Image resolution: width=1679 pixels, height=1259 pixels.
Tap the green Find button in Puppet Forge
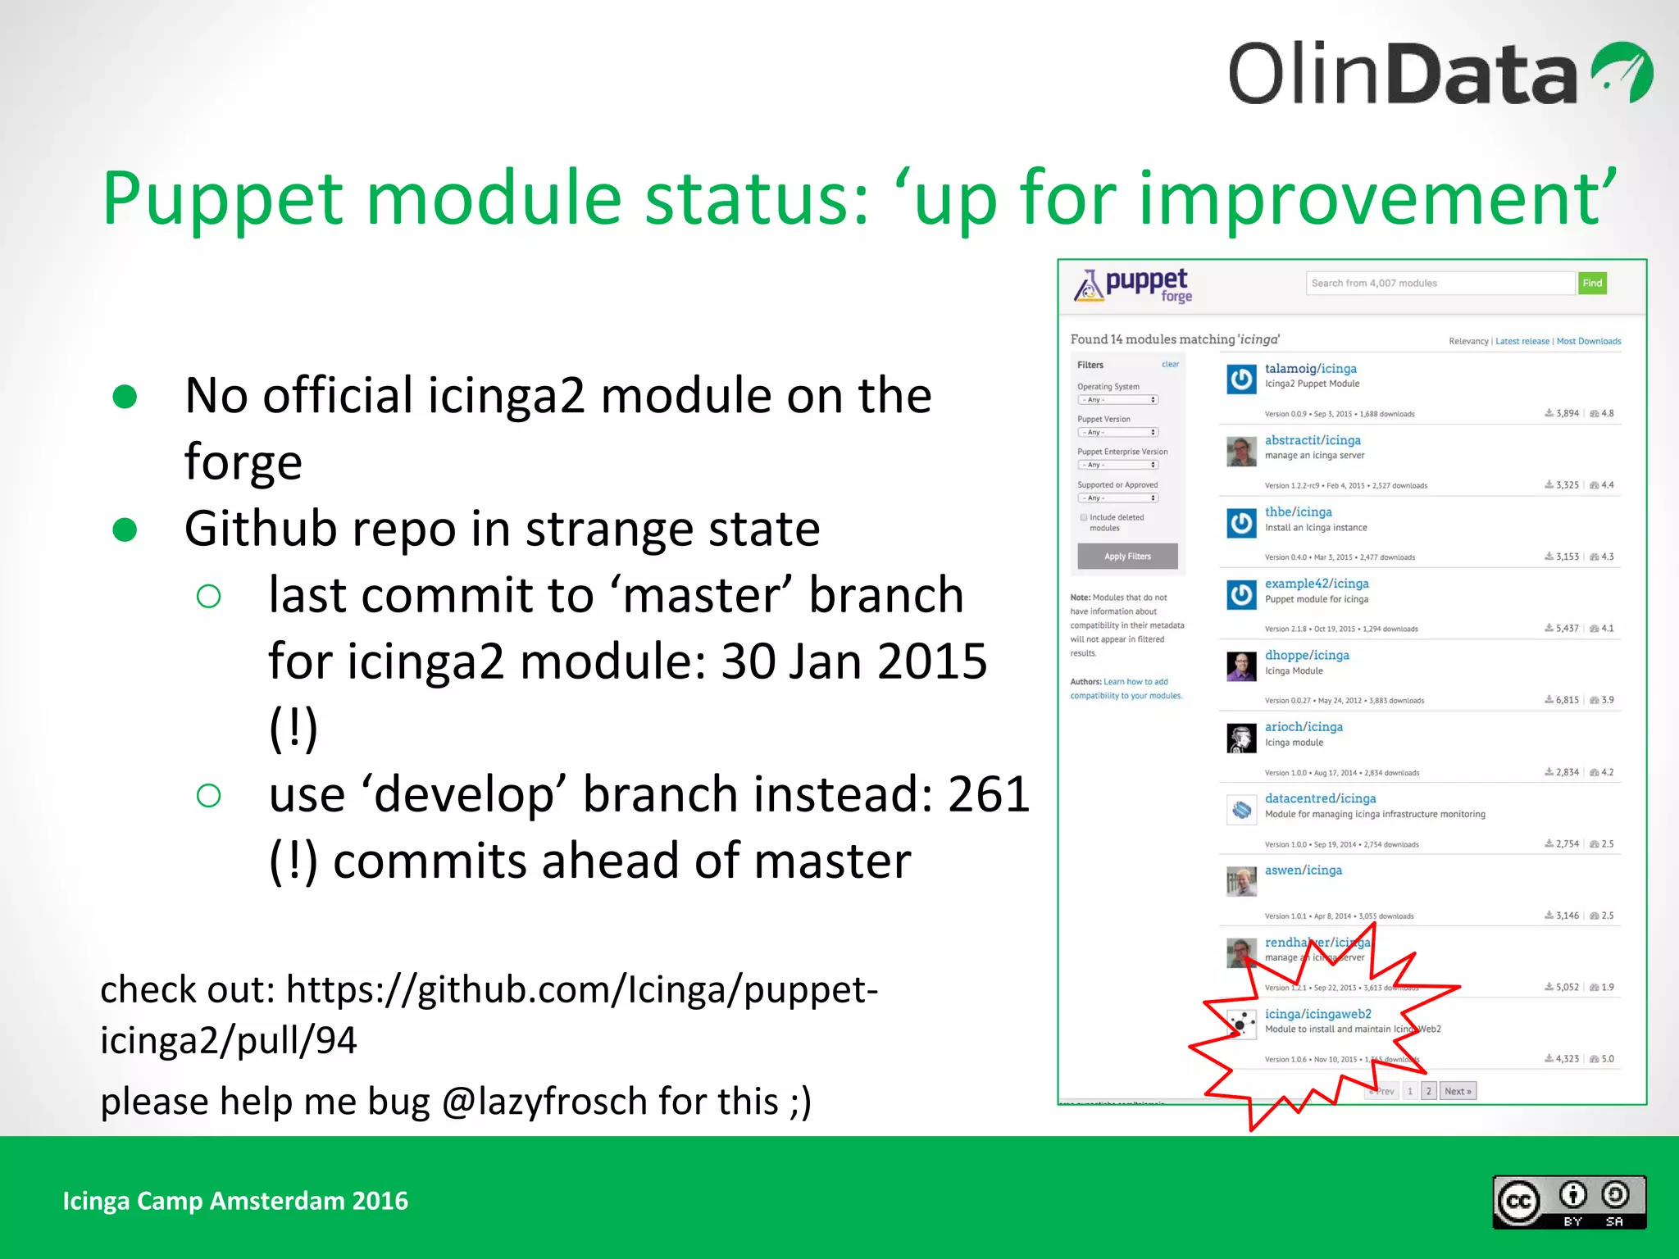[x=1592, y=283]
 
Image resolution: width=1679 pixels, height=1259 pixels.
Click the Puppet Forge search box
[x=1439, y=283]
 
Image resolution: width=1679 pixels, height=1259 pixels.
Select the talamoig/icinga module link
[x=1310, y=369]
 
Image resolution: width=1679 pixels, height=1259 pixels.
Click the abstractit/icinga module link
[x=1312, y=440]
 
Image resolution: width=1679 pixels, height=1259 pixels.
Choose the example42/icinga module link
[x=1316, y=584]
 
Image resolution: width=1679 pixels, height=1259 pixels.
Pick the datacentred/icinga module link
[x=1320, y=798]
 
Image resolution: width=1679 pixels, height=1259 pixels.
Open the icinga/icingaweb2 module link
[x=1317, y=1014]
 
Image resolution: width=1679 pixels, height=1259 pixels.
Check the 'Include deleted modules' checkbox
[x=1084, y=517]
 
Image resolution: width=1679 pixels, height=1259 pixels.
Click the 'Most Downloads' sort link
[x=1588, y=341]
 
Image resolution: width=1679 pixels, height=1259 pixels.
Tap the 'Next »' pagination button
[x=1458, y=1091]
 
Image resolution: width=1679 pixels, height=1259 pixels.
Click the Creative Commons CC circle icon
[x=1518, y=1202]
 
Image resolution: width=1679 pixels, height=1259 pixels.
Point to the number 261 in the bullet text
[x=988, y=794]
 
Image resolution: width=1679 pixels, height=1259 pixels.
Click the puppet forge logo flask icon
[x=1088, y=286]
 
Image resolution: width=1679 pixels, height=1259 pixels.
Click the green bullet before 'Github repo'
[x=125, y=530]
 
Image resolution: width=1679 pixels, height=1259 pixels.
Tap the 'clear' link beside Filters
[x=1170, y=364]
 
